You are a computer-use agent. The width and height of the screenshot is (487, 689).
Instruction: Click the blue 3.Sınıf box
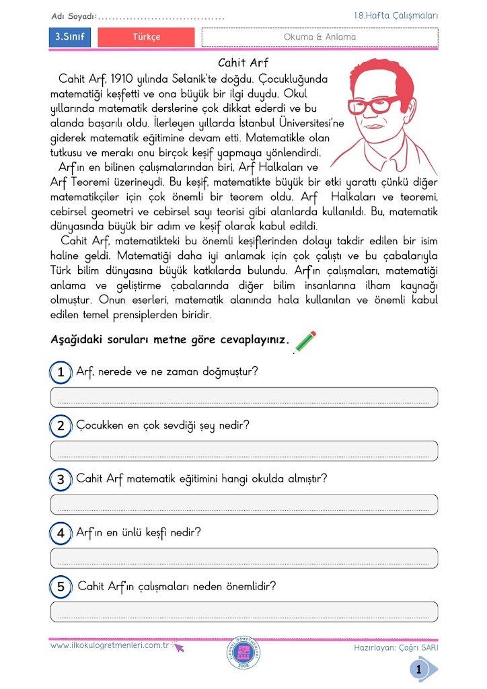70,38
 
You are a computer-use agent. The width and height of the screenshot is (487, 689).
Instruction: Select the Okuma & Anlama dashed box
320,38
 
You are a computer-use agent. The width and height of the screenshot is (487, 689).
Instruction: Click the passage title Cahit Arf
243,64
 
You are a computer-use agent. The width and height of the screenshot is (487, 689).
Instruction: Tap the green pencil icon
305,341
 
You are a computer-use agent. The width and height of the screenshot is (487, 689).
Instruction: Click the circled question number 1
61,372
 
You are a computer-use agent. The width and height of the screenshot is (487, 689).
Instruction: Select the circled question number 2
61,426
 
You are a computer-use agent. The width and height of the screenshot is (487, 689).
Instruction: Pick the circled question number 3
61,480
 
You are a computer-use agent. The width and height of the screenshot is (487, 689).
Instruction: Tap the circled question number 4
61,534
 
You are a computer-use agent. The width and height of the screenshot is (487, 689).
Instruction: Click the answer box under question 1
243,398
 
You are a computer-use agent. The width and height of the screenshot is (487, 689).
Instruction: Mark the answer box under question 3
243,505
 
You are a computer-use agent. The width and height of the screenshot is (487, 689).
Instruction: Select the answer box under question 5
243,612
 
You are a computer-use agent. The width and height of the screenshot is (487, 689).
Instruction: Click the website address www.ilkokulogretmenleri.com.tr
109,645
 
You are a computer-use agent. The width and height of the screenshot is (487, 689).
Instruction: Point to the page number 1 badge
420,669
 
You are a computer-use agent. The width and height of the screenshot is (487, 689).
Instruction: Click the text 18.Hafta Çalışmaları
396,15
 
